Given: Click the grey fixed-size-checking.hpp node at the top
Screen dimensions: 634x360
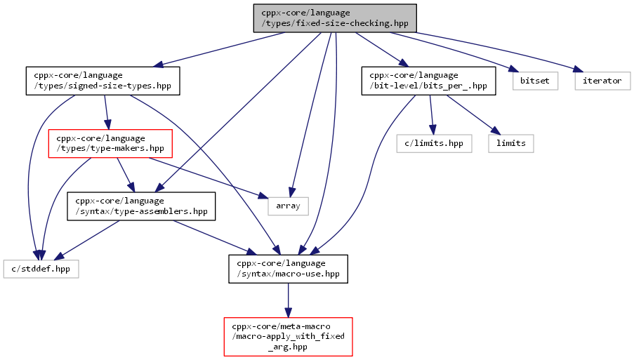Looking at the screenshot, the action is [335, 18].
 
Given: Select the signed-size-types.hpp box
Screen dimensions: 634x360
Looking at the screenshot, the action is [103, 81].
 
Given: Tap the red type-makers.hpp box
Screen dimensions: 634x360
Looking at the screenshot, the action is [110, 143].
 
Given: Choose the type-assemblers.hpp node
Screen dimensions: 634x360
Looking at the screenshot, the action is [141, 206].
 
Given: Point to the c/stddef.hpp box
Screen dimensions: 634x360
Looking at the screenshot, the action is [41, 269].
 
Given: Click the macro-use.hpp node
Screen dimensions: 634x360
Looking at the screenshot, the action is [288, 269].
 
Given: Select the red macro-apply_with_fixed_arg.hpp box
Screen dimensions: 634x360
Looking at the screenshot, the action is [289, 337].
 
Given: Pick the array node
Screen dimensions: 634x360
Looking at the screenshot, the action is [289, 206].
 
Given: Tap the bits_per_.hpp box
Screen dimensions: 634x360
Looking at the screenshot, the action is [428, 81].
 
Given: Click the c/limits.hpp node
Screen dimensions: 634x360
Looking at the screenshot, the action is [435, 143].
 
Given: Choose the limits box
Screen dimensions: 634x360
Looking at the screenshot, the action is [511, 143].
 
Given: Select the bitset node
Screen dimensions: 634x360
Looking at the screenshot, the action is [535, 81].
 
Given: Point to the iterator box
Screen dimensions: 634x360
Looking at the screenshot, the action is [602, 81].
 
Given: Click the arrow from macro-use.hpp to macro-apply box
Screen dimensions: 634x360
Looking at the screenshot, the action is [288, 300].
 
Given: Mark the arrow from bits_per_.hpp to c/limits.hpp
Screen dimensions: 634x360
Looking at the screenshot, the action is [432, 115].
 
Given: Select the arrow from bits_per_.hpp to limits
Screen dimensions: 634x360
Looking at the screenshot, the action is [473, 115].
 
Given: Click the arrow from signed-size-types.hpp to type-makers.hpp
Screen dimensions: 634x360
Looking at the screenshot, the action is [107, 112].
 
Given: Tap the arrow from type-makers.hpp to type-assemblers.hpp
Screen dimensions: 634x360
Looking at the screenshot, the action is [126, 175].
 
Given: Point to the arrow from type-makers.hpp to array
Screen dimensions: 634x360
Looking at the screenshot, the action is [209, 178].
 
